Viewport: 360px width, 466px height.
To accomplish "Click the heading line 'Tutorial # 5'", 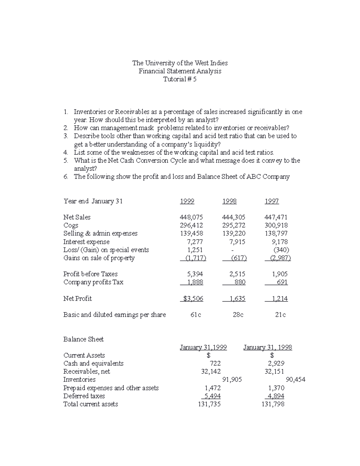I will [180, 79].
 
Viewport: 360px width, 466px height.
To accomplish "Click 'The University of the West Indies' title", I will [180, 63].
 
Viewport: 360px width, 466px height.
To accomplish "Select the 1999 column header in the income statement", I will [187, 201].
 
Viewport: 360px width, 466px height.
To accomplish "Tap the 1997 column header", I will [271, 201].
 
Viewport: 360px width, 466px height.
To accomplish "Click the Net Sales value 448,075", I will [191, 217].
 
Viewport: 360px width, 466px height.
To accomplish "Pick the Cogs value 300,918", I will [276, 225].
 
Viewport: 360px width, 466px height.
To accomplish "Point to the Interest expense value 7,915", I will [237, 242].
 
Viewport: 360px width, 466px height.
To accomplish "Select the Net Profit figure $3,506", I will [193, 299].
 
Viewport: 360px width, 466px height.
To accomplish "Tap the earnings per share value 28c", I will [238, 315].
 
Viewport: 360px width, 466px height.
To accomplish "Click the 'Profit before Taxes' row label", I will [90, 274].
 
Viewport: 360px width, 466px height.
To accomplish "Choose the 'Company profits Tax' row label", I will [93, 282].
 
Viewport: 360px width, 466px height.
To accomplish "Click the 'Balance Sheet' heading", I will [83, 339].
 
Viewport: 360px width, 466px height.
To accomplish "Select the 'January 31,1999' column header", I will [203, 347].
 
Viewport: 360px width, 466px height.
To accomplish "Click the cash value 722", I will [215, 363].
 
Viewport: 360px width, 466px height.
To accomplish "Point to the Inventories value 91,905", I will [232, 380].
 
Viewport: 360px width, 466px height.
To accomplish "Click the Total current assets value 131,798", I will [273, 404].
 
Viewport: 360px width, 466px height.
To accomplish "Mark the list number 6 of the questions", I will [66, 177].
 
